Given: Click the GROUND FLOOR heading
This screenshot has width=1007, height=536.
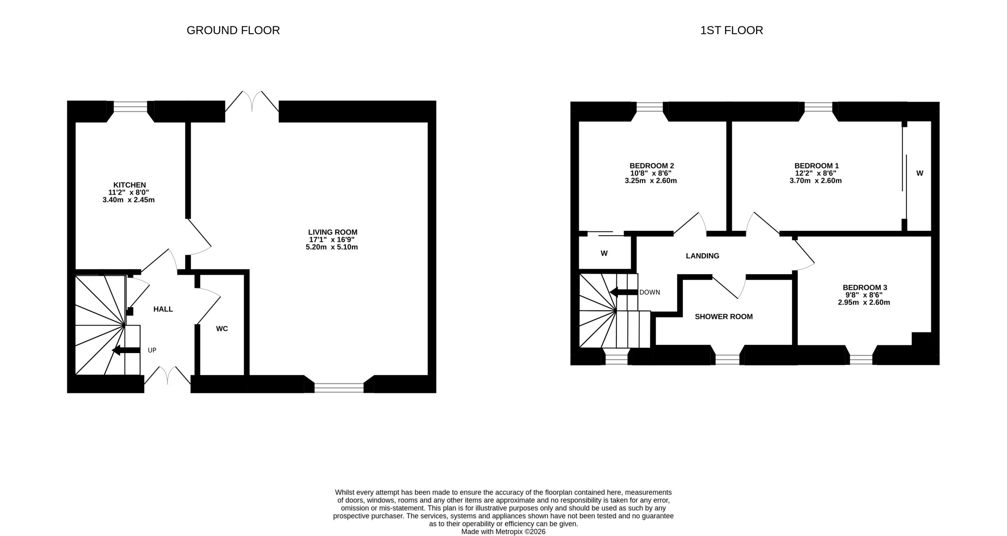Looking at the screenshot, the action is tap(233, 30).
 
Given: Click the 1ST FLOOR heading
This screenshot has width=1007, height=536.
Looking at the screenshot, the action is tap(731, 30).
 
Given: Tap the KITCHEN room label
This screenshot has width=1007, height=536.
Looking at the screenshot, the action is tap(129, 185).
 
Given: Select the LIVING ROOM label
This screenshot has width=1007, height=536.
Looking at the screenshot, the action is tap(333, 232).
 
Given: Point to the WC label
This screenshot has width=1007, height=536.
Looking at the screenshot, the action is tap(222, 329).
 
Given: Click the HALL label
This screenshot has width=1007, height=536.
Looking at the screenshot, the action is tap(163, 309).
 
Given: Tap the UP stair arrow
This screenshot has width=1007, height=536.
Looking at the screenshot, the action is tap(126, 350).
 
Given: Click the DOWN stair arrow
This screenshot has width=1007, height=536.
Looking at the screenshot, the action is tap(623, 292).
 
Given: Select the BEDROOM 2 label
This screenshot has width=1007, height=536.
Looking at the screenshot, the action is tap(652, 166).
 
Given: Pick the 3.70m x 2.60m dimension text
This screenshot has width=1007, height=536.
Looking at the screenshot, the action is tap(815, 181).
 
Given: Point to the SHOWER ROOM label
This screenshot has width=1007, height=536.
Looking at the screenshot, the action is tap(724, 317).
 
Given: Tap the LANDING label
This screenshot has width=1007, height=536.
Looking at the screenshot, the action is tap(703, 256).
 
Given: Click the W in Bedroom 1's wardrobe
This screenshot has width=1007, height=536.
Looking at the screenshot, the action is tap(920, 173).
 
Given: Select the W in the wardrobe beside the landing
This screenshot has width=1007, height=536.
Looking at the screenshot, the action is tap(604, 254).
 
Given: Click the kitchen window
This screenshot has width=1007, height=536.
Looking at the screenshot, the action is tap(131, 106).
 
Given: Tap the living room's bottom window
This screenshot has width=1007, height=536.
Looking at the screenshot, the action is tap(339, 388).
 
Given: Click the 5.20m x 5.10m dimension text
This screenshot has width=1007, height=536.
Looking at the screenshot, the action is tap(332, 247).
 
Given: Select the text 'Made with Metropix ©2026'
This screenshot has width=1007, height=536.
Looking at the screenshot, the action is tap(503, 532).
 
